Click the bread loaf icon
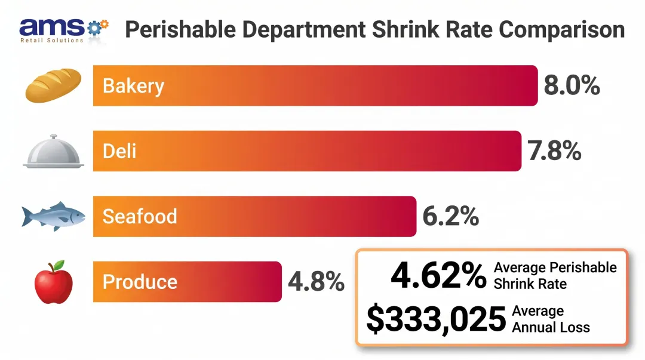53,85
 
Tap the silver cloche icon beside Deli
53,152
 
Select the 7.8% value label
554,151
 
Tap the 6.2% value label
450,217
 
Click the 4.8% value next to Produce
316,282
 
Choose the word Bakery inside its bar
133,86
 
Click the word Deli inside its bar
119,151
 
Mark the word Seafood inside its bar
140,216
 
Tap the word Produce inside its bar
140,282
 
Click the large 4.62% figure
438,276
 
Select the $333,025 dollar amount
436,320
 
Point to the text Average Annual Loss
551,319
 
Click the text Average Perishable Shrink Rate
555,275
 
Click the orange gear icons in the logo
100,26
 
